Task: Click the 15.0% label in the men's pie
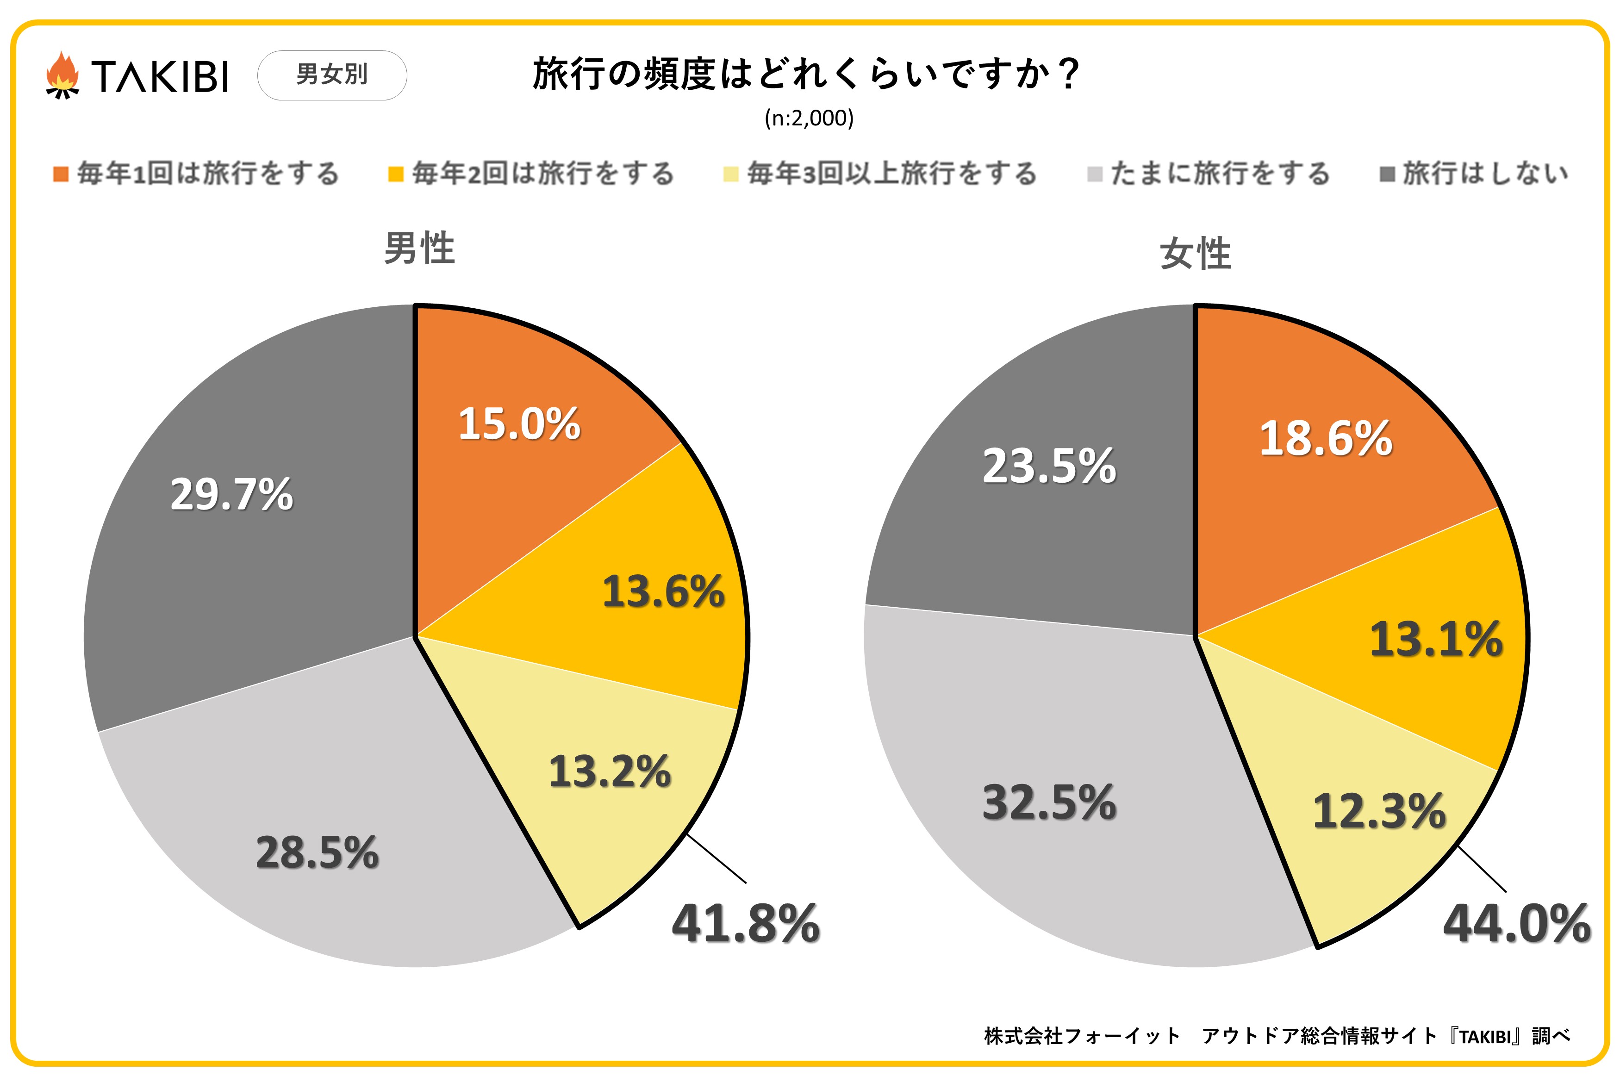[x=519, y=423]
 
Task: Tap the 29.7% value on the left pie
[x=231, y=494]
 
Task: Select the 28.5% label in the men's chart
[x=317, y=852]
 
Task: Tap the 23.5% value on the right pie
[x=1049, y=466]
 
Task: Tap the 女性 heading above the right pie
[x=1195, y=253]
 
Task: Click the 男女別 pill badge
[x=332, y=75]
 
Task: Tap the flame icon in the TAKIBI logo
[x=62, y=75]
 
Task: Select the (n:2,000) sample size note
[x=809, y=118]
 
